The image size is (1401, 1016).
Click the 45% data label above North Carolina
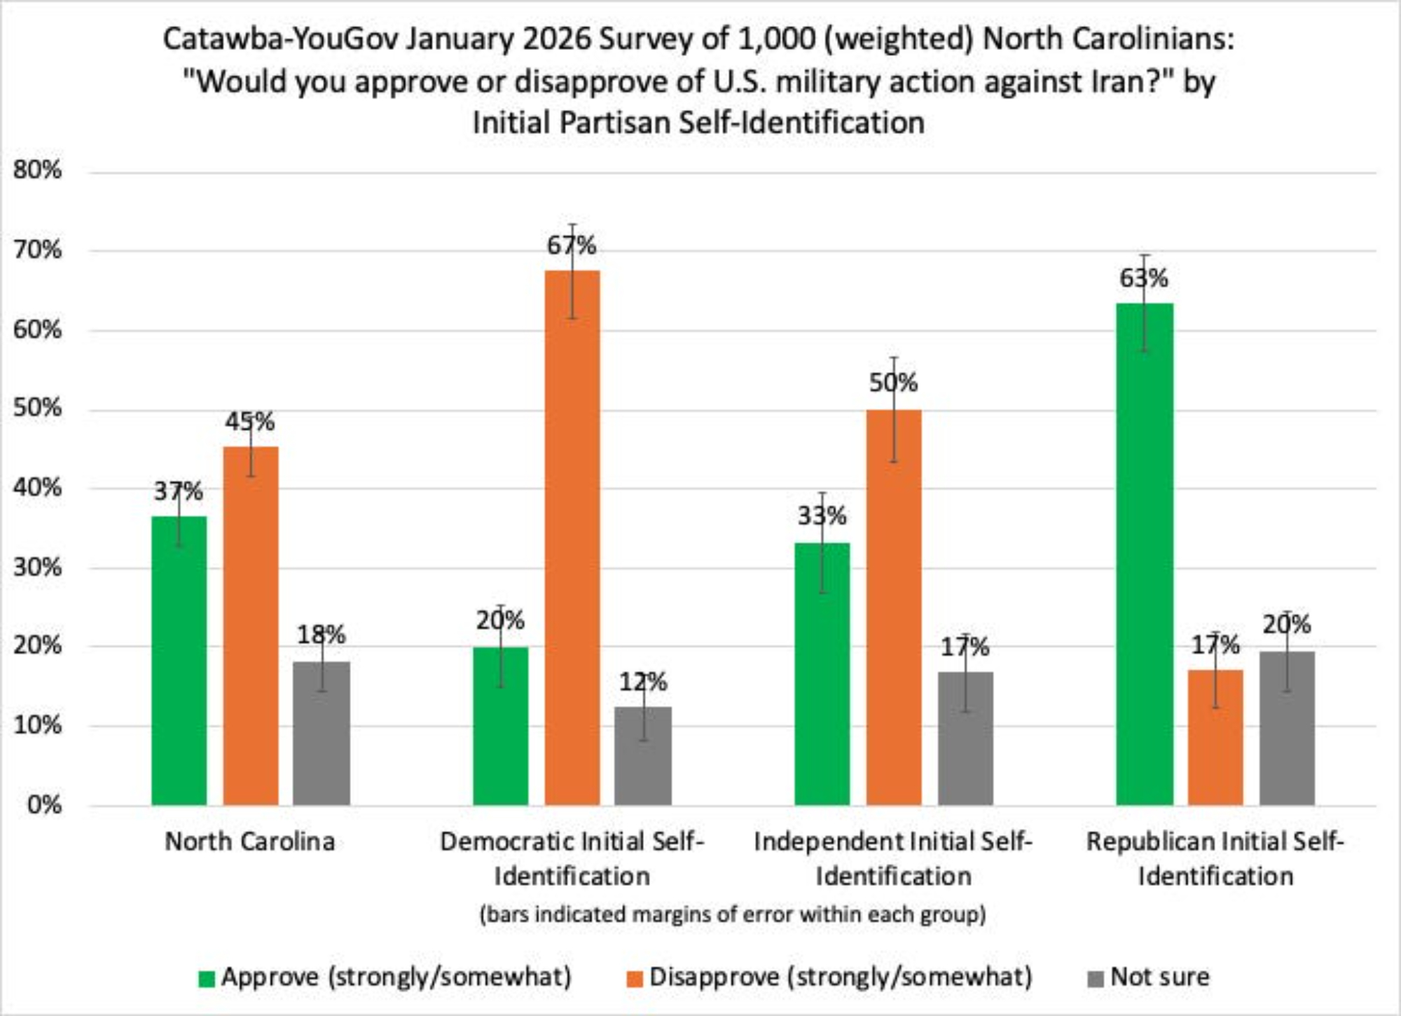[x=249, y=422]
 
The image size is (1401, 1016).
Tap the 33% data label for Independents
[x=822, y=516]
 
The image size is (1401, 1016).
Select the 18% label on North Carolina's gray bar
[x=321, y=635]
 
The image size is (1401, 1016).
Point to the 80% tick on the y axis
[x=38, y=170]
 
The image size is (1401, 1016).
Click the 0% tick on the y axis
[x=45, y=804]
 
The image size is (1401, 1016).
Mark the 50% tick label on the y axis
[x=38, y=408]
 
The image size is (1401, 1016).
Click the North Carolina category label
[x=249, y=842]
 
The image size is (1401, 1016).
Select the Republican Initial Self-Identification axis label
[x=1215, y=858]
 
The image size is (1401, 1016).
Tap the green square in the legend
[x=207, y=978]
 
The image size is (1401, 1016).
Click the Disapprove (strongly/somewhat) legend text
[x=841, y=977]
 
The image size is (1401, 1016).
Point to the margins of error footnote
[x=733, y=914]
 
